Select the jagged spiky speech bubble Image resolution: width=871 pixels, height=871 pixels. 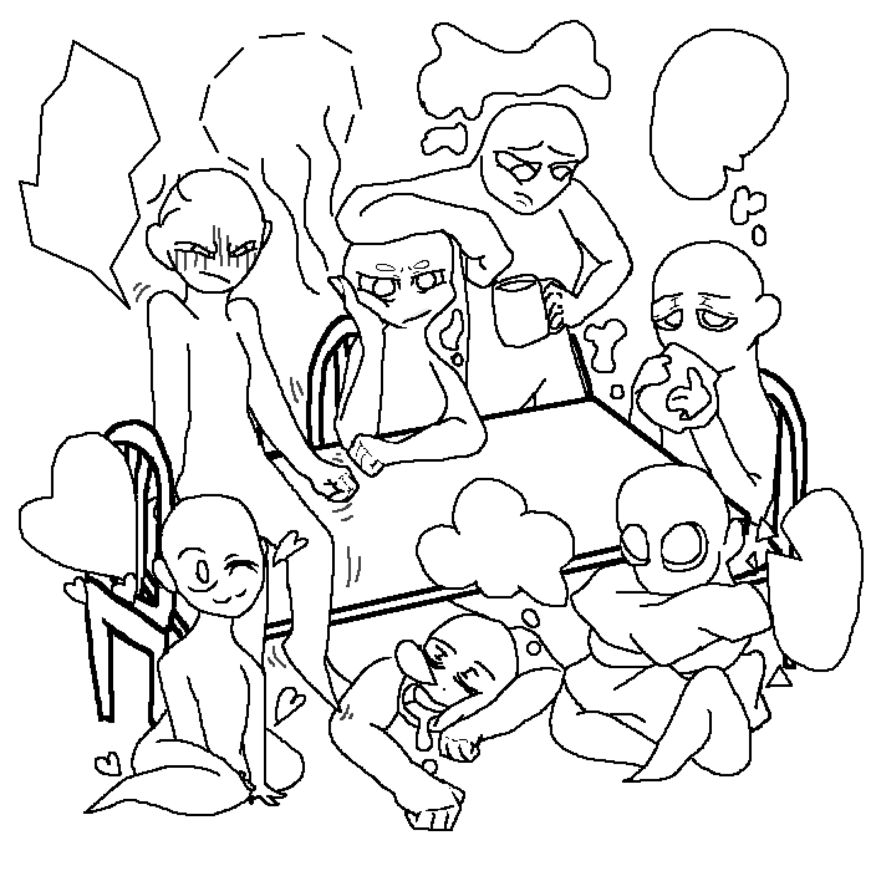87,168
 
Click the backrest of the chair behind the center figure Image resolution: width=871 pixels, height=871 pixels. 333,373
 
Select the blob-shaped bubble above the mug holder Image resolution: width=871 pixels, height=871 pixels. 510,62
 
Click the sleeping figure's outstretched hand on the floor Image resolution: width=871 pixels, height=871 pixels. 429,809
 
